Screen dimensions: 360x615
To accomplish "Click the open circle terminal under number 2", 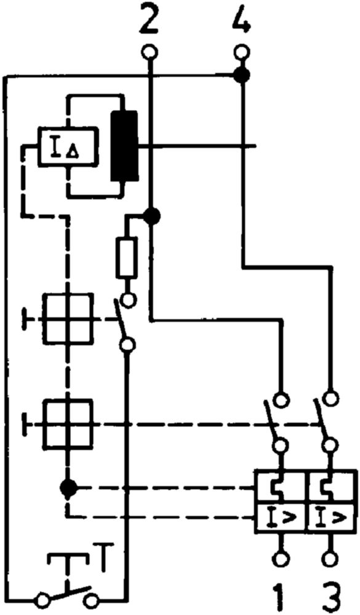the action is coord(150,52).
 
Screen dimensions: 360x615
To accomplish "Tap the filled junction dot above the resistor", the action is coord(150,216).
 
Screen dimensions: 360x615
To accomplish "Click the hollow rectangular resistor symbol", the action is coord(126,257).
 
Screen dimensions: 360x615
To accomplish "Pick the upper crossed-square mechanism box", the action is coord(68,318).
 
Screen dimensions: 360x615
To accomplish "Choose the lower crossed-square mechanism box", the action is coord(68,424).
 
